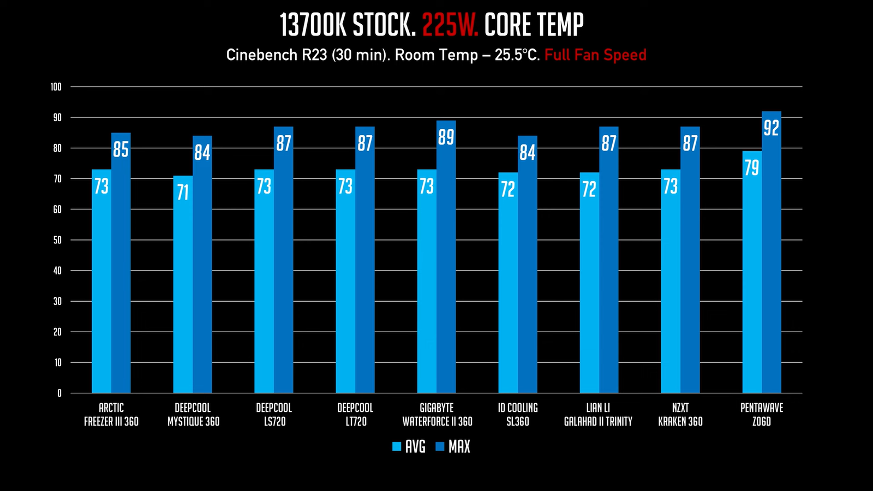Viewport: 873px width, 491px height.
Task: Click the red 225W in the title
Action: [x=450, y=25]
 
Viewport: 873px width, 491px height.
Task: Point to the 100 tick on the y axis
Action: [x=56, y=87]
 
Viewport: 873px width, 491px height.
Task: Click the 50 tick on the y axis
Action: [x=57, y=240]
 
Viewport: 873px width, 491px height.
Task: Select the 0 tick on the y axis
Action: [x=59, y=393]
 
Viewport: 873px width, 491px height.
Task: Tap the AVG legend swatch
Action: [x=397, y=447]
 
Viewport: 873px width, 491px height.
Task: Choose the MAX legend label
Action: [x=459, y=447]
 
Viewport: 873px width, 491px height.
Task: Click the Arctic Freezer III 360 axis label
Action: [x=111, y=415]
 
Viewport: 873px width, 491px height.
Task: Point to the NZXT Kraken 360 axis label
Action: [x=680, y=415]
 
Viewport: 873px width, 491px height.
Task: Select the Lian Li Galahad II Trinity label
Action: [x=599, y=415]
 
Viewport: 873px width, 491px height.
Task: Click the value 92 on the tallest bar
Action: [x=772, y=128]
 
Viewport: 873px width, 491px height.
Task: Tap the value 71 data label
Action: [x=183, y=192]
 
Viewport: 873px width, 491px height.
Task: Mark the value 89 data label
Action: [x=446, y=137]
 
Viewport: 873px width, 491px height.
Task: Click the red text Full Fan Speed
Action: [x=595, y=55]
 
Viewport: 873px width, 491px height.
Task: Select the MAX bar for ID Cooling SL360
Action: [x=528, y=273]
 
